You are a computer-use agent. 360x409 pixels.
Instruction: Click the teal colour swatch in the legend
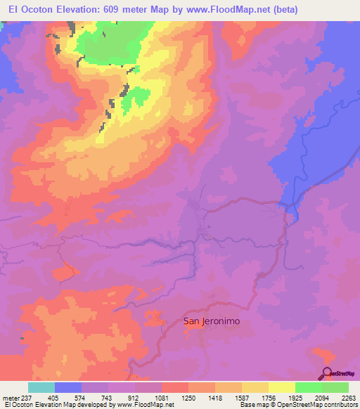(x=41, y=387)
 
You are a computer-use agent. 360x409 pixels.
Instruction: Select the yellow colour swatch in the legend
(x=281, y=387)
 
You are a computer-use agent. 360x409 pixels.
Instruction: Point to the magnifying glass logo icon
(x=327, y=374)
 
